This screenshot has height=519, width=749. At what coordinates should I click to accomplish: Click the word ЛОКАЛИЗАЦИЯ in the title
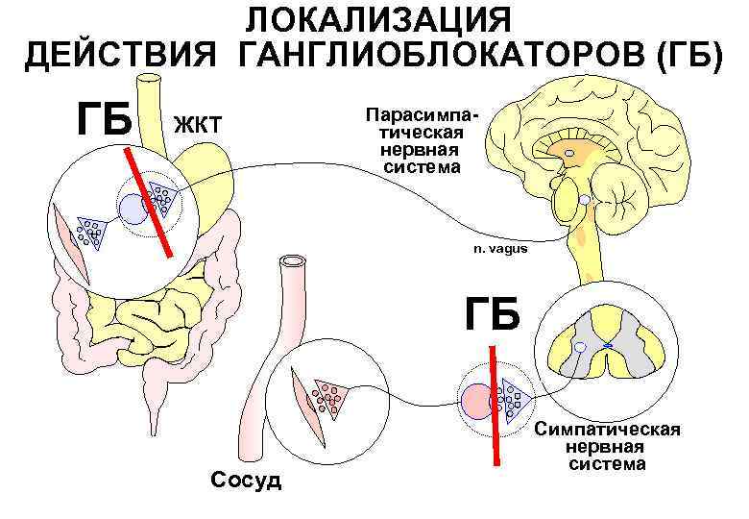pos(375,20)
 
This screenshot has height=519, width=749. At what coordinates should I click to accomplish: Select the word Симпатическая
pos(608,429)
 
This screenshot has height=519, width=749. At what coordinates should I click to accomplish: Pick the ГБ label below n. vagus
pos(493,314)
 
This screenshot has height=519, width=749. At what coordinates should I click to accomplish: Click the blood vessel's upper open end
pos(290,262)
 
